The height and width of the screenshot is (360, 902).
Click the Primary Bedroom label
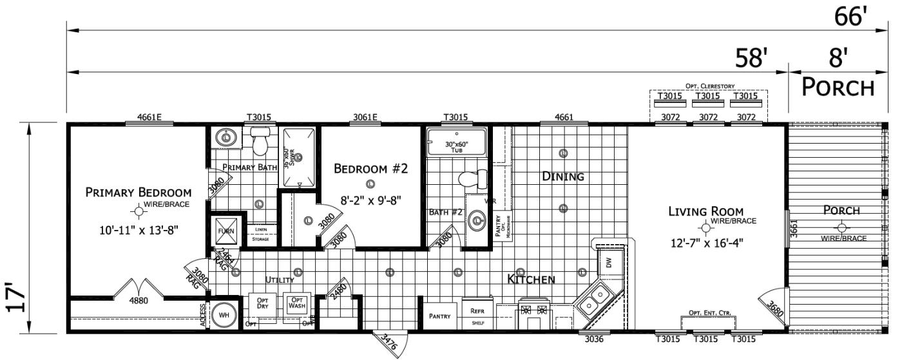(139, 193)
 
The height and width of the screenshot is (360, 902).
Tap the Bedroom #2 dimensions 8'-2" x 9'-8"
(370, 200)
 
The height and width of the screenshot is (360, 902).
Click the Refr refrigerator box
(477, 313)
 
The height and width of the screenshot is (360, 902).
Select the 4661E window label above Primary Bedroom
(149, 117)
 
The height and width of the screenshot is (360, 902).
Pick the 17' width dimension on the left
(18, 296)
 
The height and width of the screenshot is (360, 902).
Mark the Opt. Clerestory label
(708, 86)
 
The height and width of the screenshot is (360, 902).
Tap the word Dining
(562, 176)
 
